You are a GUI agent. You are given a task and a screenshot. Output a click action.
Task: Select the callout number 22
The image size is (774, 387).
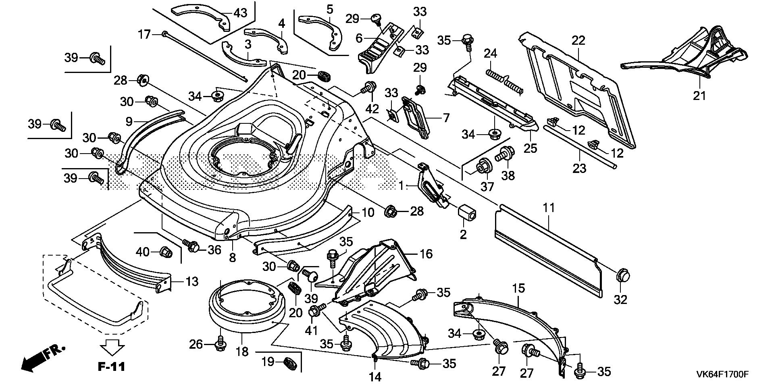578,40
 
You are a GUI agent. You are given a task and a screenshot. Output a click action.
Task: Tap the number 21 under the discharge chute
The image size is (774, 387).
699,96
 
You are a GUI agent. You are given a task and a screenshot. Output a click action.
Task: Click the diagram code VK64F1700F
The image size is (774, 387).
722,375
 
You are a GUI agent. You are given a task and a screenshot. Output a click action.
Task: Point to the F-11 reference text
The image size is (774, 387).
112,366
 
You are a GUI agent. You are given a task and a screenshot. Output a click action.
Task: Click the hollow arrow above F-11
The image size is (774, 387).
112,347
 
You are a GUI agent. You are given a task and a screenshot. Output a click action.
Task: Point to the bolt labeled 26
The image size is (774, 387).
221,343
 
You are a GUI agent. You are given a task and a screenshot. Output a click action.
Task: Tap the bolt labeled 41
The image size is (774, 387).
316,311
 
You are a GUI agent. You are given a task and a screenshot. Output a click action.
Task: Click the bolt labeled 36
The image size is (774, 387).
191,245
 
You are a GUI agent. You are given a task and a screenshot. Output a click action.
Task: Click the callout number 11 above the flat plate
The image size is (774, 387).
549,208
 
